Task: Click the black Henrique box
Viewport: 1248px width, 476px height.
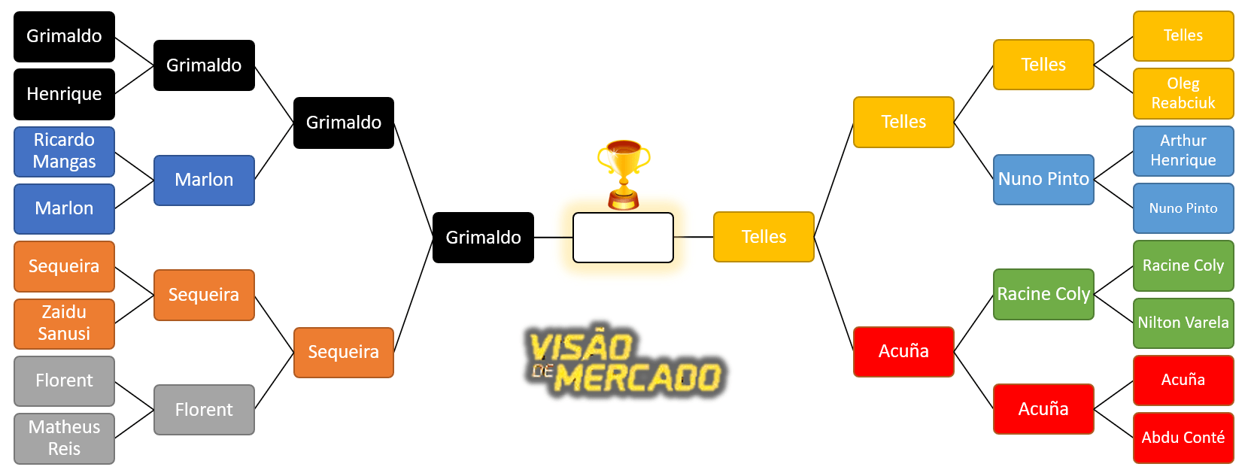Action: click(x=64, y=94)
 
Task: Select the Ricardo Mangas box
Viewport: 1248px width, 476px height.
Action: click(x=64, y=151)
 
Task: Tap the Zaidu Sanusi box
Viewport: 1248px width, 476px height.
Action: click(x=64, y=323)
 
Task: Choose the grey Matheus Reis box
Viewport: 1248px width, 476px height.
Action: click(x=64, y=438)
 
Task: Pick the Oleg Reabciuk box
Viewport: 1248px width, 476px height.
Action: click(x=1183, y=93)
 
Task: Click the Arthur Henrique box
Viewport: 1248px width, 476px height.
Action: click(x=1183, y=150)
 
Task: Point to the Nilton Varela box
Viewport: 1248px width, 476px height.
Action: click(x=1183, y=323)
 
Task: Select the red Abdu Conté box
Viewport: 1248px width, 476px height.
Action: click(x=1183, y=438)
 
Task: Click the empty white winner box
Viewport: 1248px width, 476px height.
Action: click(x=623, y=238)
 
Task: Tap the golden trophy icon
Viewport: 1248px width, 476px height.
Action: click(x=624, y=173)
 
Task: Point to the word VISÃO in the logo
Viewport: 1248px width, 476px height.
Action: click(x=581, y=347)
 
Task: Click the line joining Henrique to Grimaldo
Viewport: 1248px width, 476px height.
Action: click(x=134, y=80)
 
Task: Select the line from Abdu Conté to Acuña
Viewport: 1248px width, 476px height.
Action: click(x=1113, y=423)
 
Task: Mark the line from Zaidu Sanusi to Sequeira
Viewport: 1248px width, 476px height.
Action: click(x=134, y=309)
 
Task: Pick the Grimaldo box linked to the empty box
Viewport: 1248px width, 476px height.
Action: click(x=483, y=238)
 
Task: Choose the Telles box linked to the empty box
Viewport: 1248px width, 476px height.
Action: click(x=764, y=237)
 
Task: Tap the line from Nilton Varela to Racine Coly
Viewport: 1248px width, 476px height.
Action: click(x=1113, y=308)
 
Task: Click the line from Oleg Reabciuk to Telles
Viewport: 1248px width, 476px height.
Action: click(x=1113, y=79)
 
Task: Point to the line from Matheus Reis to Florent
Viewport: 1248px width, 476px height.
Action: click(x=134, y=424)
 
